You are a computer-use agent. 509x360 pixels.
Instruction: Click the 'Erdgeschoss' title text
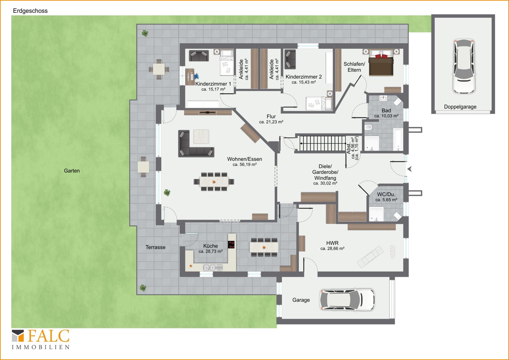coord(30,11)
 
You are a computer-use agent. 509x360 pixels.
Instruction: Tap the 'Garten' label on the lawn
coord(72,171)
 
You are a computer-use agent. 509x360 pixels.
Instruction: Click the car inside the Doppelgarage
coord(464,66)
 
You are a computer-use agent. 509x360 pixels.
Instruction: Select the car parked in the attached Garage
coord(347,300)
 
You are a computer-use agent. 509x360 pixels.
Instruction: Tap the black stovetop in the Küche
coord(231,244)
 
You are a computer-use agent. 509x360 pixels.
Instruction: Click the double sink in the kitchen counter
coord(209,268)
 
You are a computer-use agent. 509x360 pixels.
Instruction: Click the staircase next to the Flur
coord(322,143)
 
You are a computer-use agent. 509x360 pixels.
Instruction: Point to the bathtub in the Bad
coord(398,139)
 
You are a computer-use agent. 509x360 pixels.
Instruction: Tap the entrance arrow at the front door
coord(410,169)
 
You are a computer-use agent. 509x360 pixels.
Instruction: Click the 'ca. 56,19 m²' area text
coord(244,164)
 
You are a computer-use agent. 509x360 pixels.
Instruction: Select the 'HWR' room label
coord(332,243)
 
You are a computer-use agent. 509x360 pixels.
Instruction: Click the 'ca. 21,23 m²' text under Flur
coord(271,122)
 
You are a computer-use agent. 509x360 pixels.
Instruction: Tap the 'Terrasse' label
coord(155,247)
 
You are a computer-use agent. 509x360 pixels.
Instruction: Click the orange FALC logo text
coord(48,336)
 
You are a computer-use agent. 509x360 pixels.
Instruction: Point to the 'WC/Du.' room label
coord(386,195)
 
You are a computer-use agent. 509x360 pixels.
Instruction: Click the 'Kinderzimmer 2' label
coord(304,77)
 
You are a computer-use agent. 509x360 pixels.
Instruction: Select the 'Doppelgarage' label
coord(460,107)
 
